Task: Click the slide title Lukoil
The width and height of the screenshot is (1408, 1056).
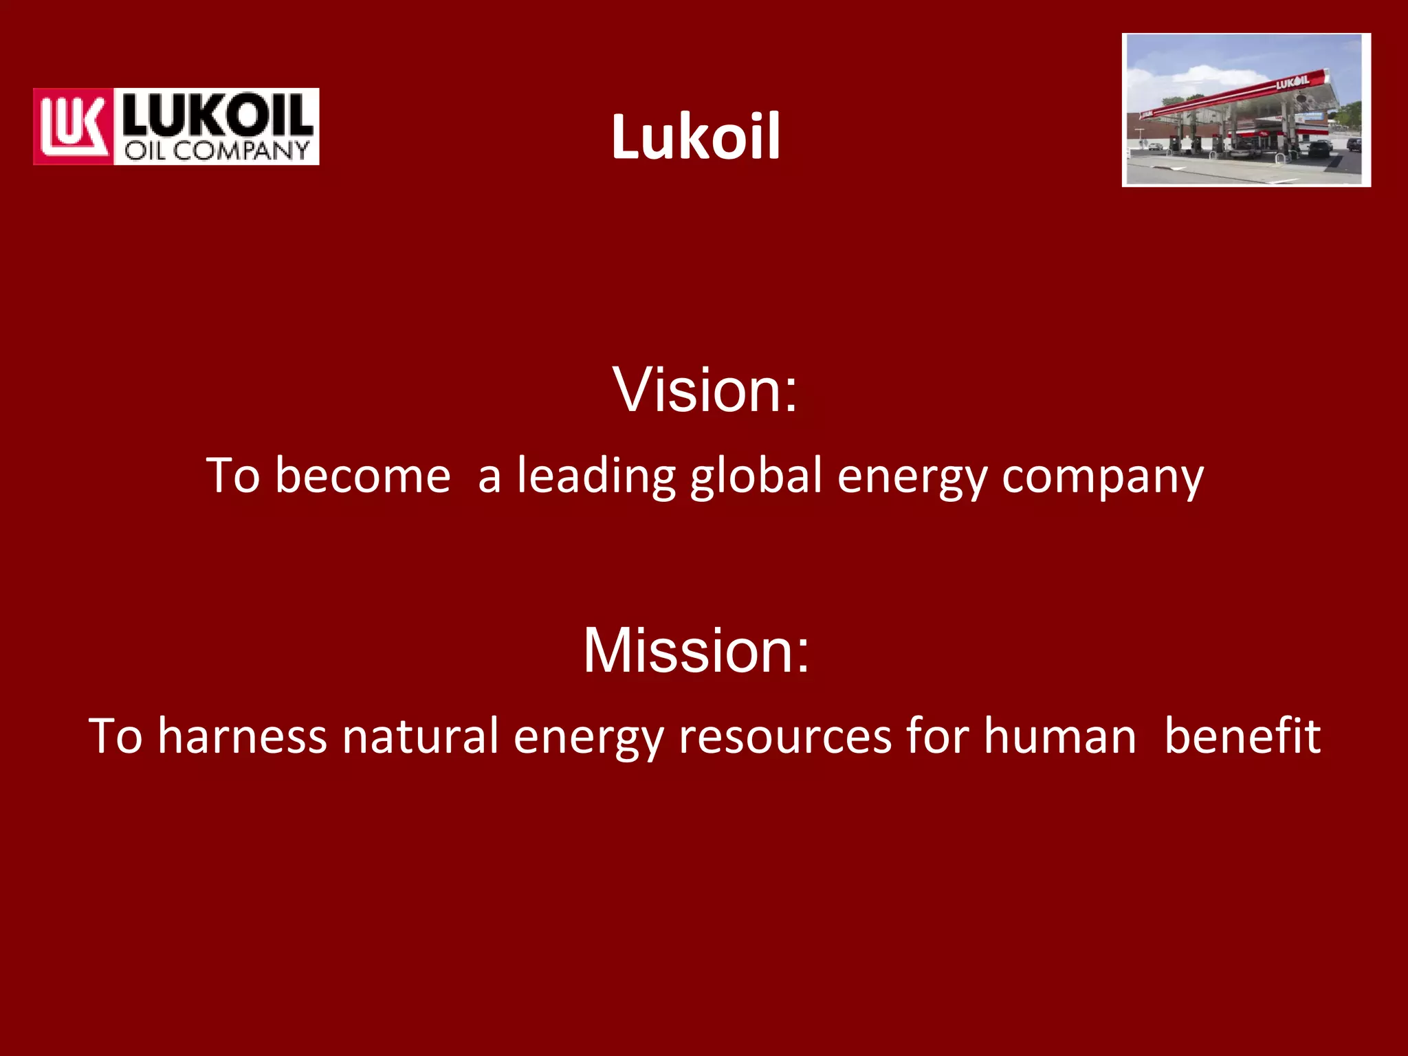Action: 695,137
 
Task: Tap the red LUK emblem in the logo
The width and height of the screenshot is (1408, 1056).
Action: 73,126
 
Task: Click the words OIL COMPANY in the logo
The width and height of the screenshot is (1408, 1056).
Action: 217,151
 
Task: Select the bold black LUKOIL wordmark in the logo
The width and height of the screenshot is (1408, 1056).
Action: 217,114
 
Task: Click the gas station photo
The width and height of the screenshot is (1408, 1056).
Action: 1246,110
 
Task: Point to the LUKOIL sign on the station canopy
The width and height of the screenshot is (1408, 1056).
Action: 1292,83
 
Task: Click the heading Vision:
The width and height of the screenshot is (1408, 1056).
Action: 705,390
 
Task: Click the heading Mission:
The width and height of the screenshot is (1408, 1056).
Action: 696,650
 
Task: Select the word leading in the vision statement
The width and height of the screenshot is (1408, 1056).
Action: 596,476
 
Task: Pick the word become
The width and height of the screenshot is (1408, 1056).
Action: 362,476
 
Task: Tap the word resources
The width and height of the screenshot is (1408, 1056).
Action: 784,737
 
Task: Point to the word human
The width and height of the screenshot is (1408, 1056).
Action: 1059,736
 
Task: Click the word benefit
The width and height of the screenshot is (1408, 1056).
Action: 1242,736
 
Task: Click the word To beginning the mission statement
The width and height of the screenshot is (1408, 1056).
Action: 115,736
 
